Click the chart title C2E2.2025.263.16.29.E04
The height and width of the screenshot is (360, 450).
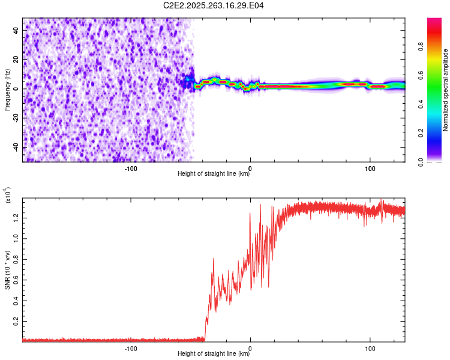coord(214,5)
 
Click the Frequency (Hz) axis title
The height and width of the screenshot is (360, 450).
coord(7,89)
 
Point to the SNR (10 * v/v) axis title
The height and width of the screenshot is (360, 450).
coord(7,266)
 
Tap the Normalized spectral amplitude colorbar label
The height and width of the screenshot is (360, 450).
coord(446,90)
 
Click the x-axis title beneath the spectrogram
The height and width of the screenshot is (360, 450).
coord(214,174)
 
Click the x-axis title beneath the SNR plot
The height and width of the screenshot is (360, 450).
coord(214,354)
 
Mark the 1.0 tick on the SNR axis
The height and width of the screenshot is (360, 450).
coord(14,237)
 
